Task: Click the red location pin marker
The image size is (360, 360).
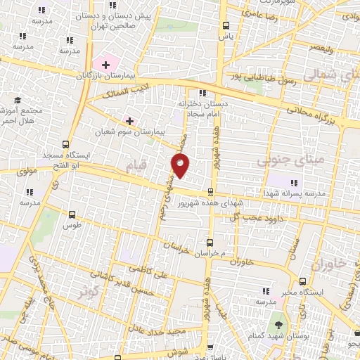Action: (x=181, y=166)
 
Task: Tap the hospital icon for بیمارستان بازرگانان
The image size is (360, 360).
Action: (x=105, y=65)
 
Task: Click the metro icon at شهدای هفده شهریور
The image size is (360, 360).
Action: (x=211, y=191)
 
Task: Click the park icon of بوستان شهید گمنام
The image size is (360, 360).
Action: (x=281, y=324)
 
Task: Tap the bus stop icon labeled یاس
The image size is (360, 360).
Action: (x=224, y=23)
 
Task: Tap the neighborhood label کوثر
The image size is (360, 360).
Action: (x=86, y=290)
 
